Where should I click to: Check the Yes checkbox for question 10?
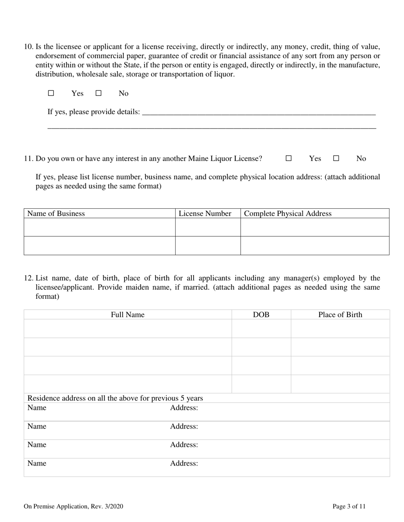[51, 93]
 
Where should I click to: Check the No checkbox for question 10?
[98, 93]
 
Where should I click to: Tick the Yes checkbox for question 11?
[288, 158]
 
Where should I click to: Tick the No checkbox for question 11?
[336, 158]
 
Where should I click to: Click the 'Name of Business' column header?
[56, 213]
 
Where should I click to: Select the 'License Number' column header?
[205, 213]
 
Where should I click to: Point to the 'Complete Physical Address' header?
[287, 213]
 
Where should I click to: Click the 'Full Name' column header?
[128, 314]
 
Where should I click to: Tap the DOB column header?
[261, 314]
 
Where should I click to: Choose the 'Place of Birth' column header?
[340, 314]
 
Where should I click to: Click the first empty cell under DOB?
[261, 328]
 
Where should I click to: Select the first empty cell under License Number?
[208, 227]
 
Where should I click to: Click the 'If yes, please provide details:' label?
[94, 112]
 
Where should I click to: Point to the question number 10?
[28, 47]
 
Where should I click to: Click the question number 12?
[28, 278]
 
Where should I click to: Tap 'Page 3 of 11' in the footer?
[349, 506]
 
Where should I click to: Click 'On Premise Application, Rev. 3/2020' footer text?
[74, 506]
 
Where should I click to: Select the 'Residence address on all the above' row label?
[115, 398]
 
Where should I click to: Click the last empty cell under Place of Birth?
[340, 384]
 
